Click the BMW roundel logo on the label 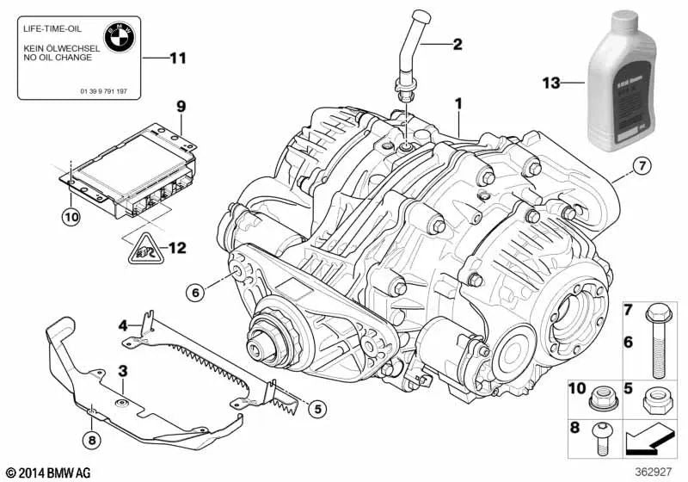[x=117, y=36]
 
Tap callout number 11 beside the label [x=177, y=59]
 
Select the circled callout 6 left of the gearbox [x=195, y=294]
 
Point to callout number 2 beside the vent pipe [x=457, y=44]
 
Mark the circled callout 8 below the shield [x=92, y=442]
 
